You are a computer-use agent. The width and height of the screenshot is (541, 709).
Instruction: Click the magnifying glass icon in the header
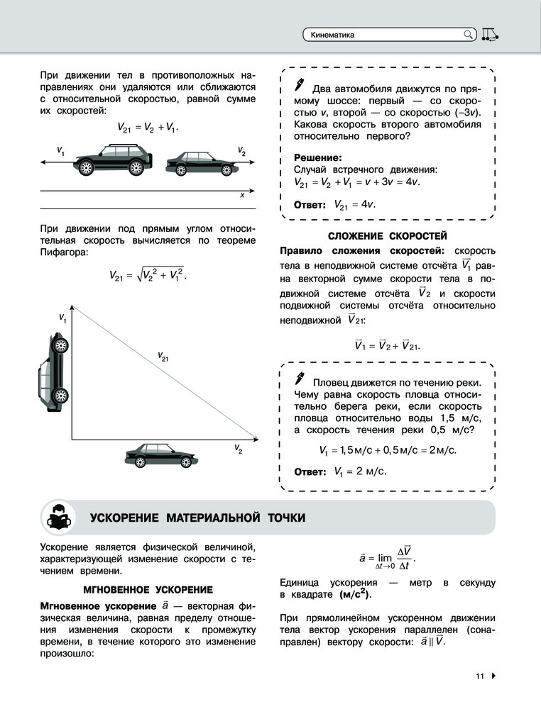click(x=468, y=34)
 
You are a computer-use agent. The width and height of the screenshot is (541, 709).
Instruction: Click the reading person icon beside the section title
click(x=58, y=518)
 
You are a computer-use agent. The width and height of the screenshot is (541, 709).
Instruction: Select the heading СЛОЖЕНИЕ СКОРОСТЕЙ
click(x=387, y=235)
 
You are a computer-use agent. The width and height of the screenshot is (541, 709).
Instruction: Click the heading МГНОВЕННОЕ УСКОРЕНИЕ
click(x=148, y=589)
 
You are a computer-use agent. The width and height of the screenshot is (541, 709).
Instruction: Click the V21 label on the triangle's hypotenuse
click(x=163, y=357)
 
